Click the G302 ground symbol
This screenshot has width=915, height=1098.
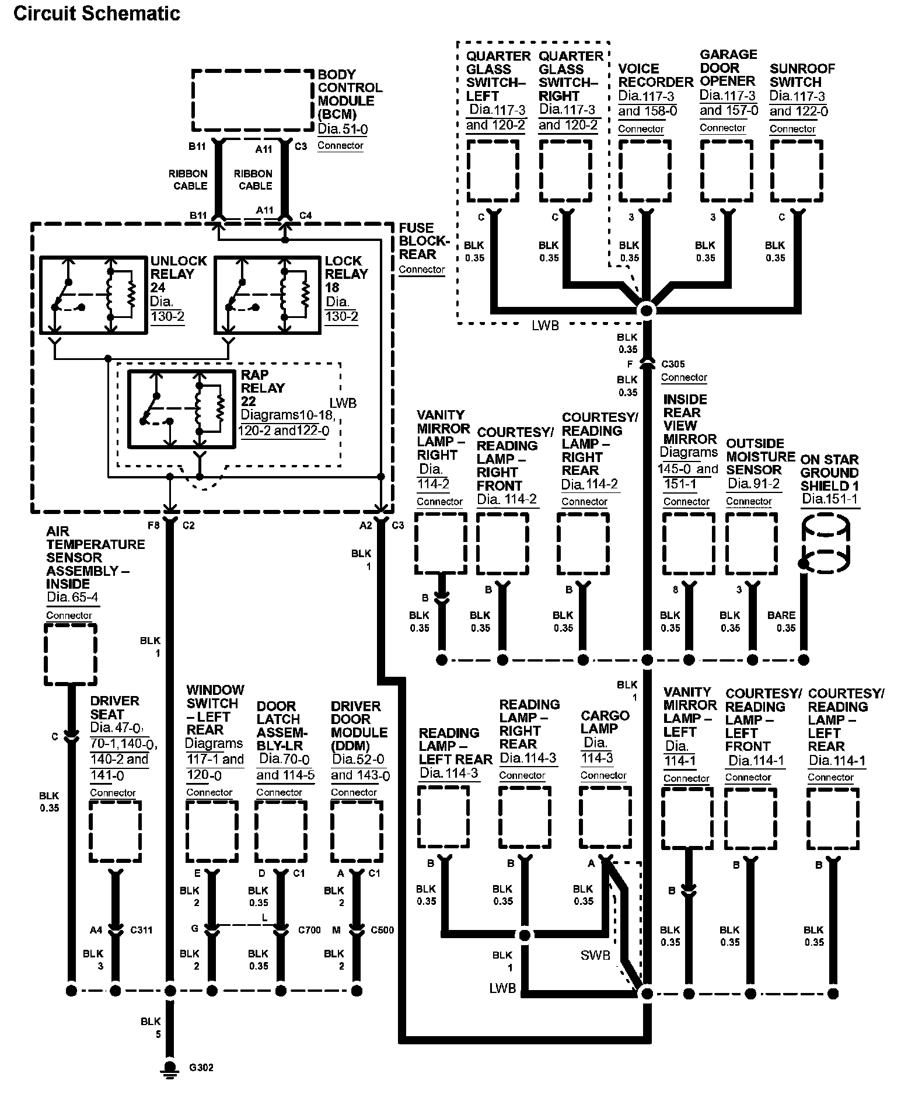point(170,1068)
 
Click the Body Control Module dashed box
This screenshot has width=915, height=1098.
point(193,100)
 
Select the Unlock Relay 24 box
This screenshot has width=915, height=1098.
point(41,295)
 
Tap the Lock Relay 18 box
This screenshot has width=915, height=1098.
point(215,295)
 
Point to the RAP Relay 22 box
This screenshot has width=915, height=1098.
point(129,409)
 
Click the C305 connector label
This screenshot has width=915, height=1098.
point(673,364)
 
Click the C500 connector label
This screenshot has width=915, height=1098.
point(382,930)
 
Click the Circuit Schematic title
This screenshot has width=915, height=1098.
point(97,13)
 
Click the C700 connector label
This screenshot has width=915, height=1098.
point(309,930)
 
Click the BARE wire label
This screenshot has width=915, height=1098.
point(781,615)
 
